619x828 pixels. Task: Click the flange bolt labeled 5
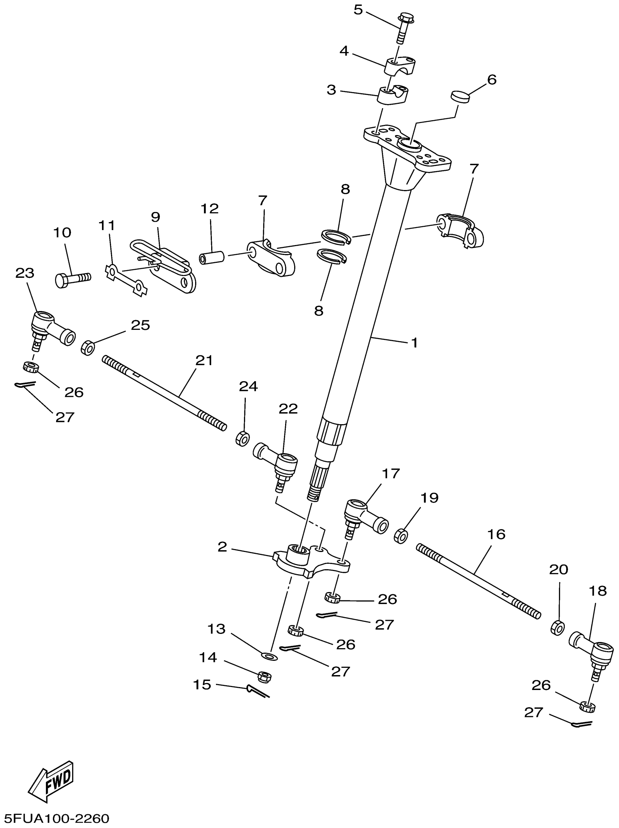coord(402,28)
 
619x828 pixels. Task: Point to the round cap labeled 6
coord(460,96)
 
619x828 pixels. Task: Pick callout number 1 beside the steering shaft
coord(414,343)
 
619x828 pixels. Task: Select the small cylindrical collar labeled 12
coord(212,258)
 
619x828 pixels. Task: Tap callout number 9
coord(156,217)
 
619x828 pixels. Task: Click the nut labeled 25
coord(88,347)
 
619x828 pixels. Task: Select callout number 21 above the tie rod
coord(204,360)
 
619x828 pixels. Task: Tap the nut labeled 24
coord(243,438)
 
